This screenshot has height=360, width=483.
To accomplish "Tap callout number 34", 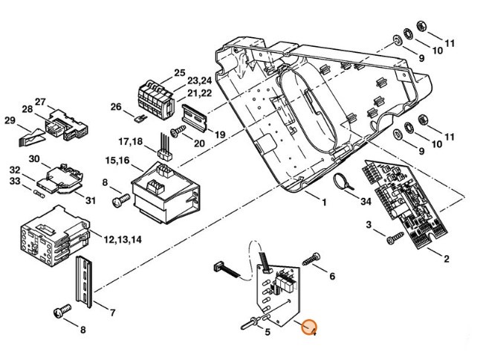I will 364,201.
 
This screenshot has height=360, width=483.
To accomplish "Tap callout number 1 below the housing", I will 324,202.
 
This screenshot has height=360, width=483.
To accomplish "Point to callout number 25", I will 179,72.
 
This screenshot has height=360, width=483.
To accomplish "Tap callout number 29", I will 10,120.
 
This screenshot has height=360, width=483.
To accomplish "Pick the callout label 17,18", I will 132,141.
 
